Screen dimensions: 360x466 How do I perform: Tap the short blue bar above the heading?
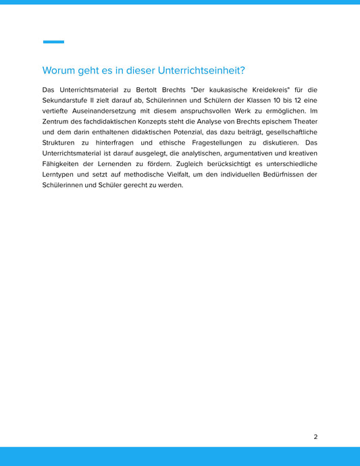point(53,42)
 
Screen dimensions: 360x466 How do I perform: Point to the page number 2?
point(315,436)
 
